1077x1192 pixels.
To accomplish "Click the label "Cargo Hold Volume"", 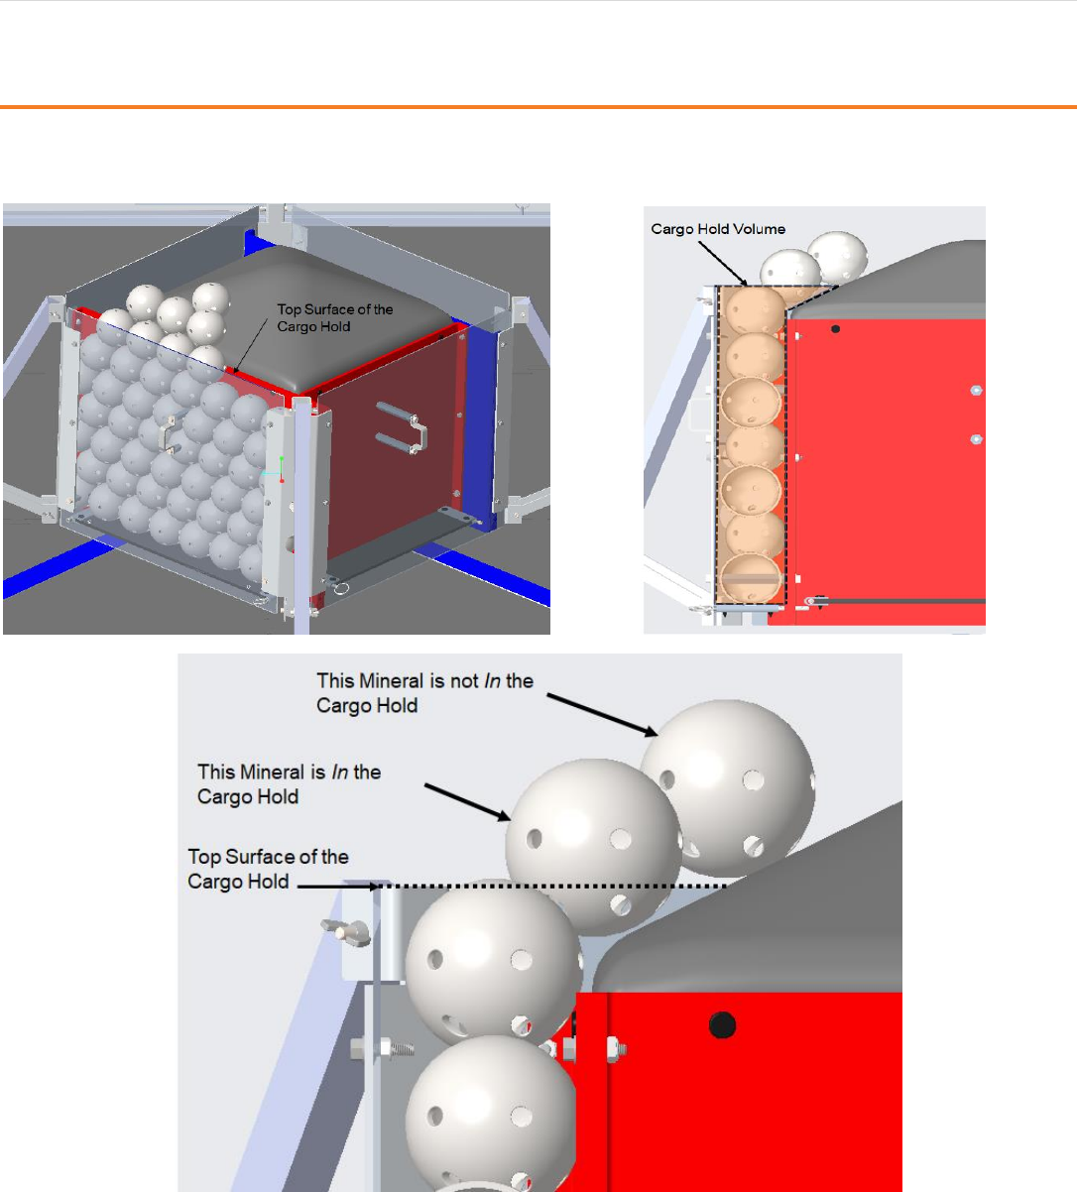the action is (718, 229).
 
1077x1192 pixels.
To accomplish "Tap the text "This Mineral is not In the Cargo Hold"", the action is (424, 693).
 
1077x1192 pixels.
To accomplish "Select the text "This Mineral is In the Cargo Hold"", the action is (289, 783).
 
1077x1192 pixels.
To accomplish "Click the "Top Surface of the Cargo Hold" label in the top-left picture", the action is (334, 318).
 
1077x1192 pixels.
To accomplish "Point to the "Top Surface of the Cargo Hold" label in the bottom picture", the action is (268, 869).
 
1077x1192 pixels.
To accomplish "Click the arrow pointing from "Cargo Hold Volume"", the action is (723, 263).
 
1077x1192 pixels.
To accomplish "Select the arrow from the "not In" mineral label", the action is (602, 715).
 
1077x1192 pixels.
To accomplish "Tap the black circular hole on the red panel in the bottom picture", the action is (722, 1025).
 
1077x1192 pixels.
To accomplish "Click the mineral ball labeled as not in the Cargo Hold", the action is (728, 788).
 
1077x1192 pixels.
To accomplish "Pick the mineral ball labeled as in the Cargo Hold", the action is (593, 847).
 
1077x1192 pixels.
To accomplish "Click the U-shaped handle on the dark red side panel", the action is (402, 427).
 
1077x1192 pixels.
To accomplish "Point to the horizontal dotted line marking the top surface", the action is (551, 886).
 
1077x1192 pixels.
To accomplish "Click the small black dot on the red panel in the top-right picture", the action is (835, 328).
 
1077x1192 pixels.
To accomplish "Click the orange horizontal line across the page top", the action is (538, 107).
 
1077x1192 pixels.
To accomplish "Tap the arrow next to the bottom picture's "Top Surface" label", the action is (338, 887).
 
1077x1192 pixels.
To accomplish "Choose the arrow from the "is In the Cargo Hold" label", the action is (467, 802).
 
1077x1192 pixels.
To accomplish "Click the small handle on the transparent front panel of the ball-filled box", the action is (168, 433).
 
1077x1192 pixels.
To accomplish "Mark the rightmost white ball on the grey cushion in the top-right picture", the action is (837, 256).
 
